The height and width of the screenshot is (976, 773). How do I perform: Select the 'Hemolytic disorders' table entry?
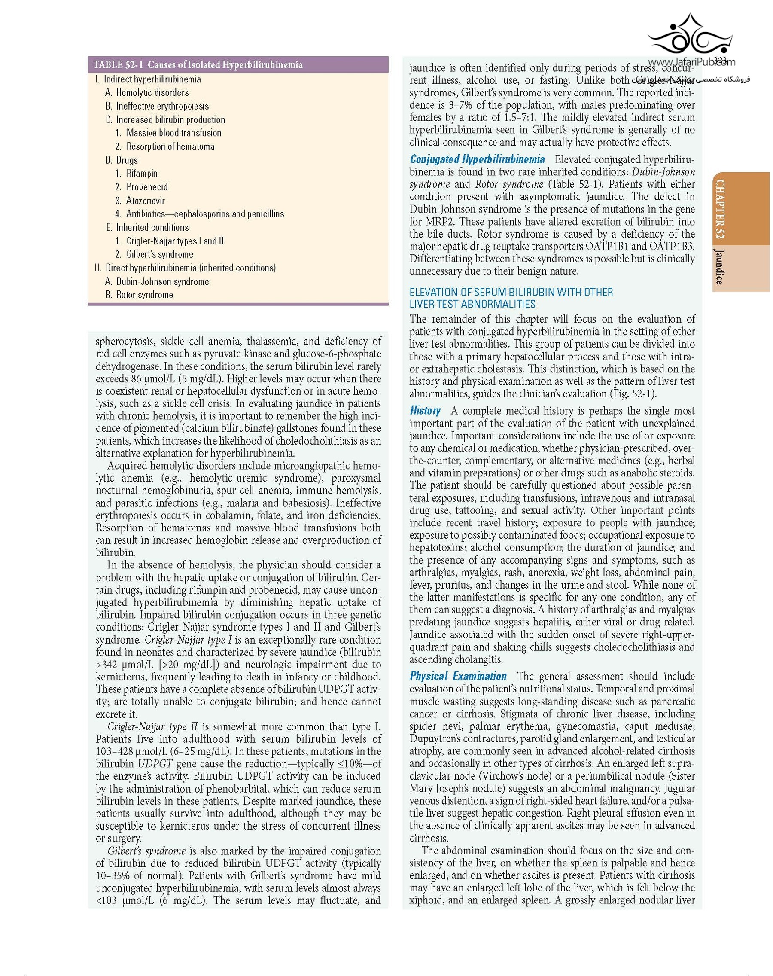[x=152, y=93]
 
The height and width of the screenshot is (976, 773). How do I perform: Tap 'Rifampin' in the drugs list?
[x=142, y=174]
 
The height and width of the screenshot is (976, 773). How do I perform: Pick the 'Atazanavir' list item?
[x=145, y=201]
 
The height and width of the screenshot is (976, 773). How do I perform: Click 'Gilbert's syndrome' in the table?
[x=159, y=254]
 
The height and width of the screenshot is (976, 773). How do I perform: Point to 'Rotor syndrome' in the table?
[x=144, y=295]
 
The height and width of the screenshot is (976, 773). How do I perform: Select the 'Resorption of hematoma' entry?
[x=170, y=146]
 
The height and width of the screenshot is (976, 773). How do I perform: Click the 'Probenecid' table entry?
[x=146, y=187]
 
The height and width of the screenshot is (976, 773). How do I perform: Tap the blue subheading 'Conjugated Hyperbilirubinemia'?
[x=477, y=159]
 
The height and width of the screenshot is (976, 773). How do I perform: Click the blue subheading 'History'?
[x=425, y=411]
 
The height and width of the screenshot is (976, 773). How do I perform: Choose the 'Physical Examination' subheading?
[x=458, y=676]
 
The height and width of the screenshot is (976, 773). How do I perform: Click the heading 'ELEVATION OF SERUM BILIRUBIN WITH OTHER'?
[x=511, y=292]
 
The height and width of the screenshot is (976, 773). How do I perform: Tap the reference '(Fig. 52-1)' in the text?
[x=632, y=394]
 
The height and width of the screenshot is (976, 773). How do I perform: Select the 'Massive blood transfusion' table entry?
[x=174, y=133]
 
